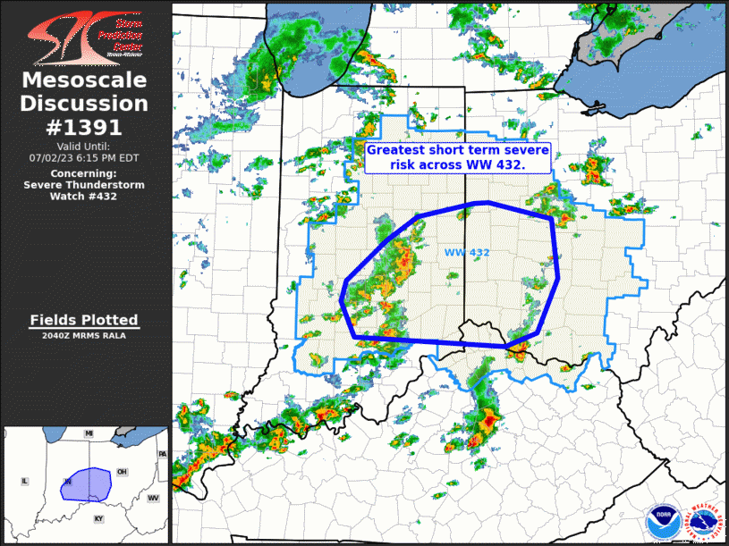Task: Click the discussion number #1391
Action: tap(85, 127)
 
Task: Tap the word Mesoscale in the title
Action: tap(85, 81)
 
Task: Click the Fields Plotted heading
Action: tap(84, 320)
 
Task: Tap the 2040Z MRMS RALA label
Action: tap(84, 336)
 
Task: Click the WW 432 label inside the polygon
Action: tap(467, 253)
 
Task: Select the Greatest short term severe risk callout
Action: tap(457, 158)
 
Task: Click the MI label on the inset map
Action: tap(89, 433)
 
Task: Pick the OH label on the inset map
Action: tap(122, 472)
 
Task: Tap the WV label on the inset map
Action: tap(153, 498)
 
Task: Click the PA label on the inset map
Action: tap(162, 454)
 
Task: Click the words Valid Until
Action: tap(83, 146)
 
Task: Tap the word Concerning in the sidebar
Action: tap(83, 173)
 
